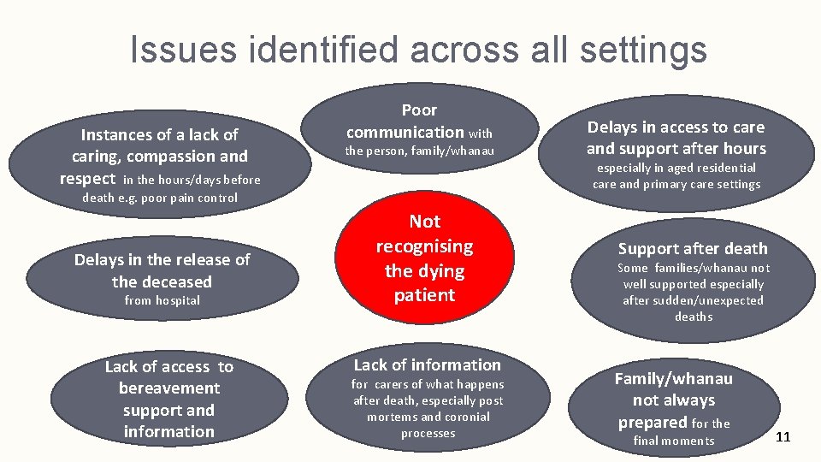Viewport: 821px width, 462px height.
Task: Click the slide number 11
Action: coord(783,437)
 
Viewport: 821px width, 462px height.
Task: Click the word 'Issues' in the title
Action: coord(182,49)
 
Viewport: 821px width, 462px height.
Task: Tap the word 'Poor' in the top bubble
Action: coord(419,110)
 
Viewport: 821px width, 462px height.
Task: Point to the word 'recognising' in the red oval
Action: coord(424,246)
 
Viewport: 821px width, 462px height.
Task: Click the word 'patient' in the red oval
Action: coord(424,295)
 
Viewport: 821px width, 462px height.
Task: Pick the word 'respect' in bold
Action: coord(87,179)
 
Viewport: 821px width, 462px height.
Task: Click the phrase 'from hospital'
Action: coord(162,300)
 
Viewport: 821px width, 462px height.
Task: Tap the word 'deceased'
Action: coord(162,281)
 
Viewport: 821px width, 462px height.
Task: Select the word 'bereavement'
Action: coord(168,388)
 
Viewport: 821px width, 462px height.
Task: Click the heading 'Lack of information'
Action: coord(427,365)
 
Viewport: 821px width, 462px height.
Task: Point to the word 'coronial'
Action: coord(467,417)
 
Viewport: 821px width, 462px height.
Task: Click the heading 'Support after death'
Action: coord(693,249)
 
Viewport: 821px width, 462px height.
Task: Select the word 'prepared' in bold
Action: coord(653,422)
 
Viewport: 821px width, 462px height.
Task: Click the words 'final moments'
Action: coord(674,441)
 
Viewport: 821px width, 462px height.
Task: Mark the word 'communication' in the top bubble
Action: coord(405,132)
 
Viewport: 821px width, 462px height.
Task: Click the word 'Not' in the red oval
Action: coord(424,222)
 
